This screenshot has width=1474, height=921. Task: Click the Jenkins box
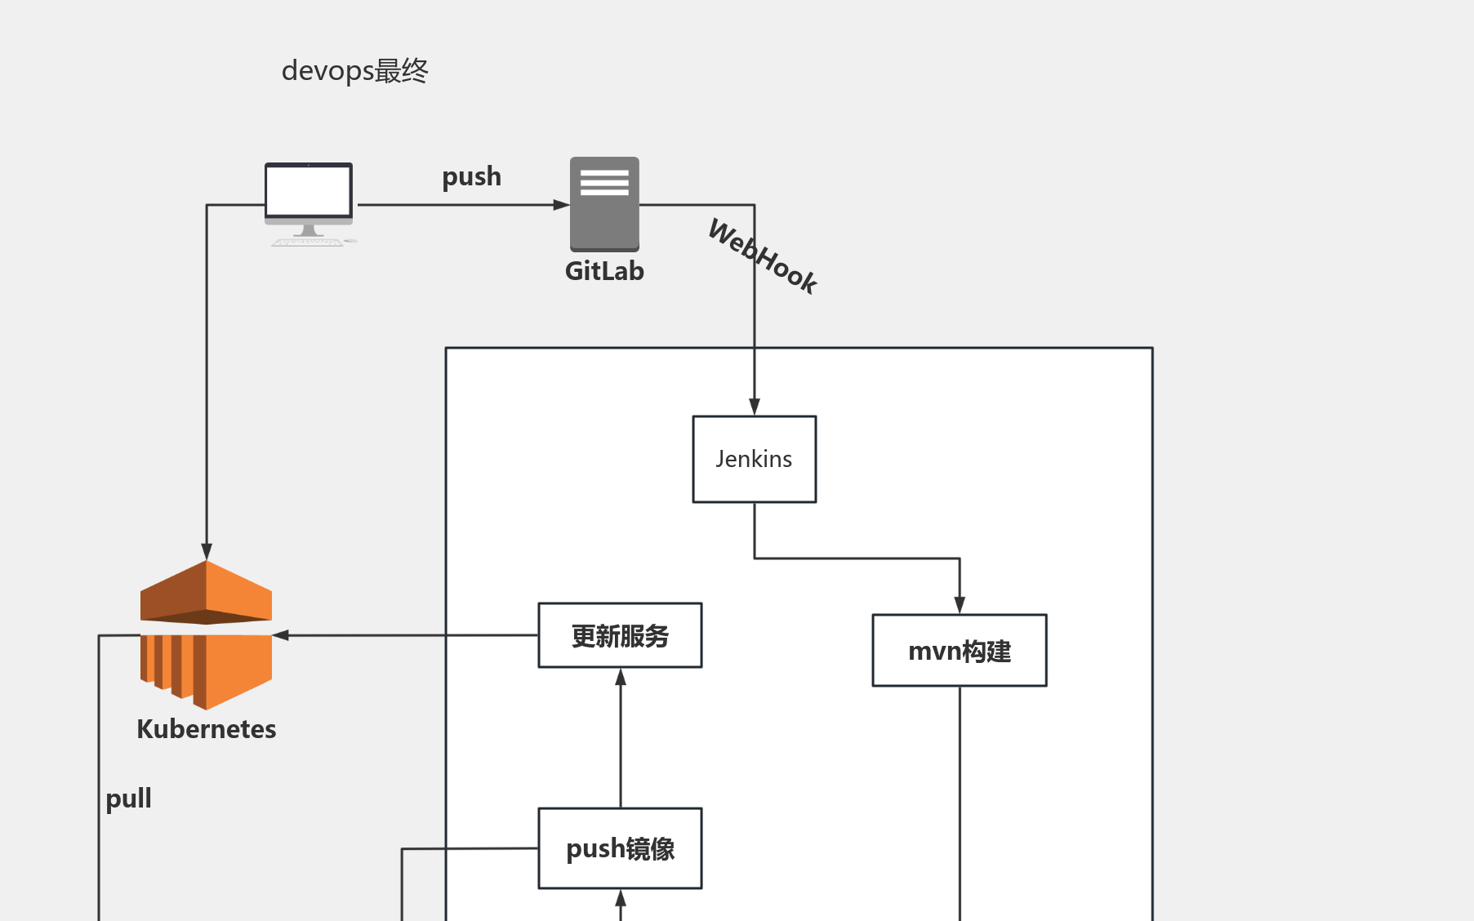point(754,459)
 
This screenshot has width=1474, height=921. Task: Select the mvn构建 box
point(959,651)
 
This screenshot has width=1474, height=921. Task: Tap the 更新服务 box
point(620,635)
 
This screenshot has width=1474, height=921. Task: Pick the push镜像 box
point(620,848)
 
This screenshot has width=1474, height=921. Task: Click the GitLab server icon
point(604,203)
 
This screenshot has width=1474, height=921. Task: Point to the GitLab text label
point(604,271)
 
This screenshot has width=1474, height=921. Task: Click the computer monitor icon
point(309,194)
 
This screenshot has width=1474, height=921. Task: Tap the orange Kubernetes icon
point(207,634)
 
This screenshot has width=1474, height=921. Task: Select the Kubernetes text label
point(207,728)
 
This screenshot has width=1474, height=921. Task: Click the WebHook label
point(763,256)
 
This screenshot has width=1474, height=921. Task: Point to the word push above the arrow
point(471,176)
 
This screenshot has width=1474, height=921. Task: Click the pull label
point(128,798)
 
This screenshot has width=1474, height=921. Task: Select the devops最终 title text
point(354,71)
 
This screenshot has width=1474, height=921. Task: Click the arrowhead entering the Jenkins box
point(754,407)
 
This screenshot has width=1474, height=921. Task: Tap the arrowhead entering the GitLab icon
point(561,205)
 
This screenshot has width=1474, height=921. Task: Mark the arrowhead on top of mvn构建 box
point(959,605)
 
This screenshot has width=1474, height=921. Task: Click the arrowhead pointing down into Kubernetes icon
point(207,551)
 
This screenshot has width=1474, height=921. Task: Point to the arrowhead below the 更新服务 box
point(620,677)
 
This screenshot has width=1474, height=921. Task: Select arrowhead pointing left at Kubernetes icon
point(281,635)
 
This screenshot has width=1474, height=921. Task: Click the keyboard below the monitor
point(307,242)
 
